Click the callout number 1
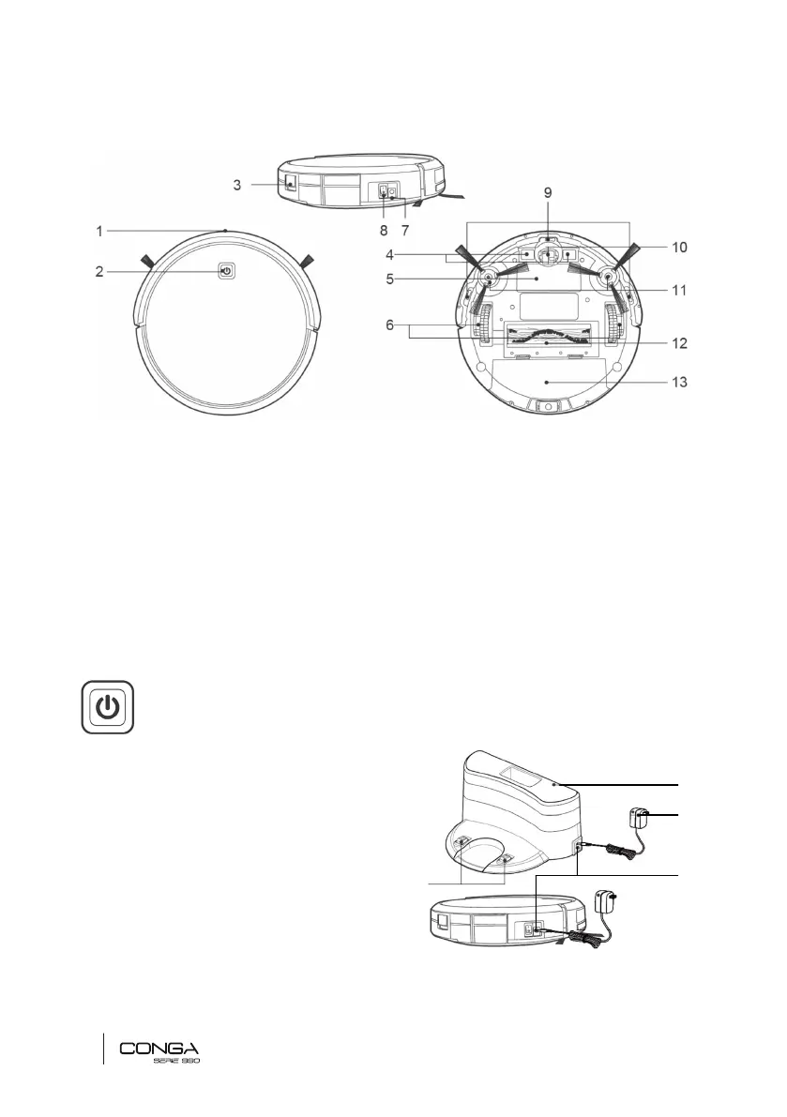99,231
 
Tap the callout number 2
99,271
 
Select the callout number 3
237,185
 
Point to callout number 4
389,255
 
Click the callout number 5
389,279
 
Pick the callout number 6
389,325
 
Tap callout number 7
405,231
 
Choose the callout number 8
384,231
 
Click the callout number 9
548,192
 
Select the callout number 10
679,248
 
